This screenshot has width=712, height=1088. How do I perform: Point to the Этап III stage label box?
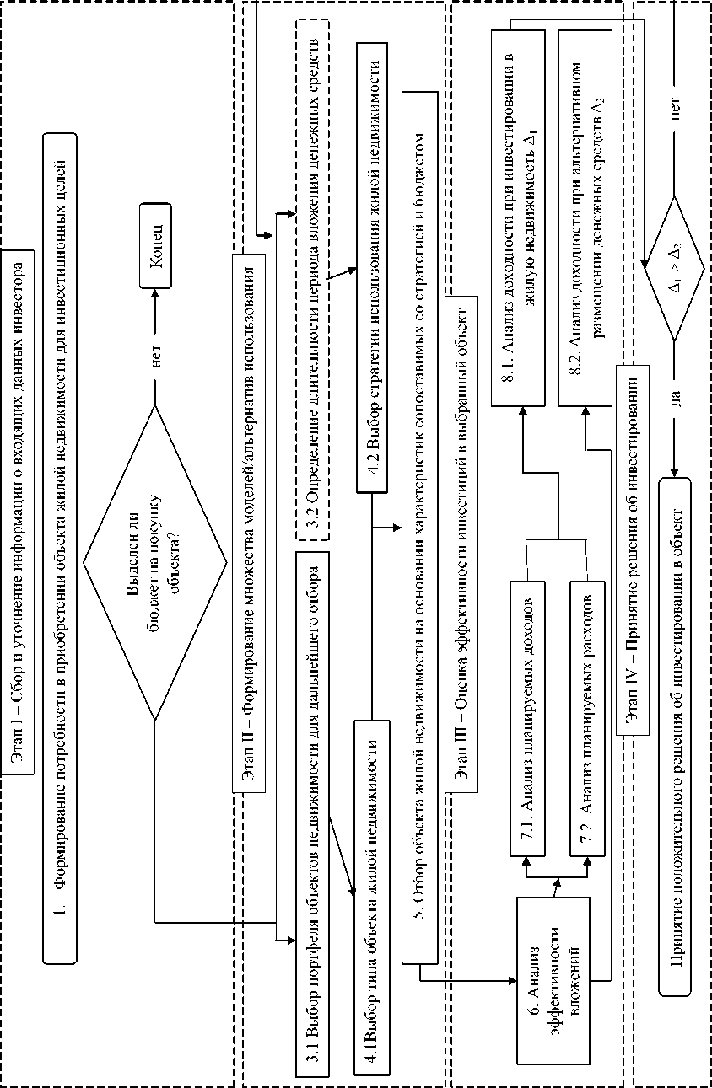(x=462, y=549)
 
